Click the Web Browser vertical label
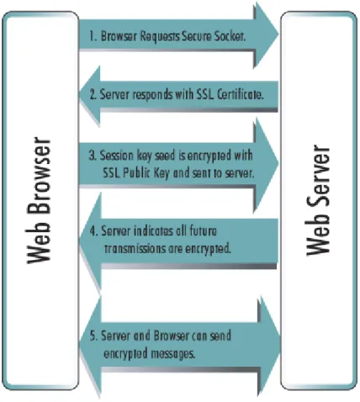(x=39, y=200)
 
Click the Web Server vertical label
(x=319, y=200)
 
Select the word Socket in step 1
(x=230, y=36)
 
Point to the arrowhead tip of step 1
(x=278, y=34)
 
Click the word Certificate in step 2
(x=241, y=94)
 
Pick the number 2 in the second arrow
(x=93, y=94)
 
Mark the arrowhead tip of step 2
(x=79, y=94)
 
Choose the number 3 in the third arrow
(x=93, y=156)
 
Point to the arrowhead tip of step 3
(x=278, y=162)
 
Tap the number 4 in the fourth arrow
(x=93, y=231)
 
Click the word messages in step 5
(x=172, y=353)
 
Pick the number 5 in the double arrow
(x=93, y=336)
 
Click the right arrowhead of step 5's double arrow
(x=270, y=346)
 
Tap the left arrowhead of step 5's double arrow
(x=90, y=346)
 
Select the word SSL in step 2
(x=205, y=94)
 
